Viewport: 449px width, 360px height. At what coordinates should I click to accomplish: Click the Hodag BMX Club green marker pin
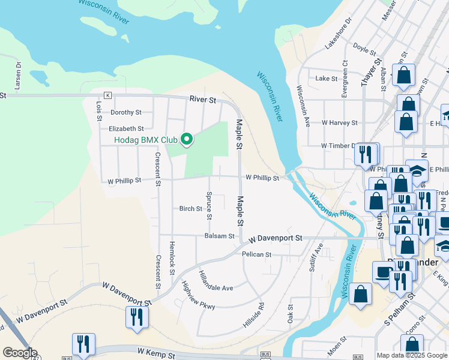coord(187,140)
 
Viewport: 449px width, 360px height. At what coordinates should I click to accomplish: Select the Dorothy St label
coord(126,112)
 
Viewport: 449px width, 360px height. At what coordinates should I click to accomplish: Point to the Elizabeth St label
coord(126,128)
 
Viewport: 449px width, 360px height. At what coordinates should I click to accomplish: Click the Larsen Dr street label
coord(18,75)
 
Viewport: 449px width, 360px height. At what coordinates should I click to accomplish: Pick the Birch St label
coord(191,209)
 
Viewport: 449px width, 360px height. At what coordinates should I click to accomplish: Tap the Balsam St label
coord(219,236)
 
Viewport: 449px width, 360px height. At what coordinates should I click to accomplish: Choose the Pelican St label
coord(257,254)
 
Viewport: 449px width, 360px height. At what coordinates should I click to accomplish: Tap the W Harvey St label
coord(339,122)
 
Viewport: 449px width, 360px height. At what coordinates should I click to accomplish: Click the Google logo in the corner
coord(19,353)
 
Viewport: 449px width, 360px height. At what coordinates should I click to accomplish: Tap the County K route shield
coord(107,95)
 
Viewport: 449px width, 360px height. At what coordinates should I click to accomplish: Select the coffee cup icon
coord(382,272)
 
